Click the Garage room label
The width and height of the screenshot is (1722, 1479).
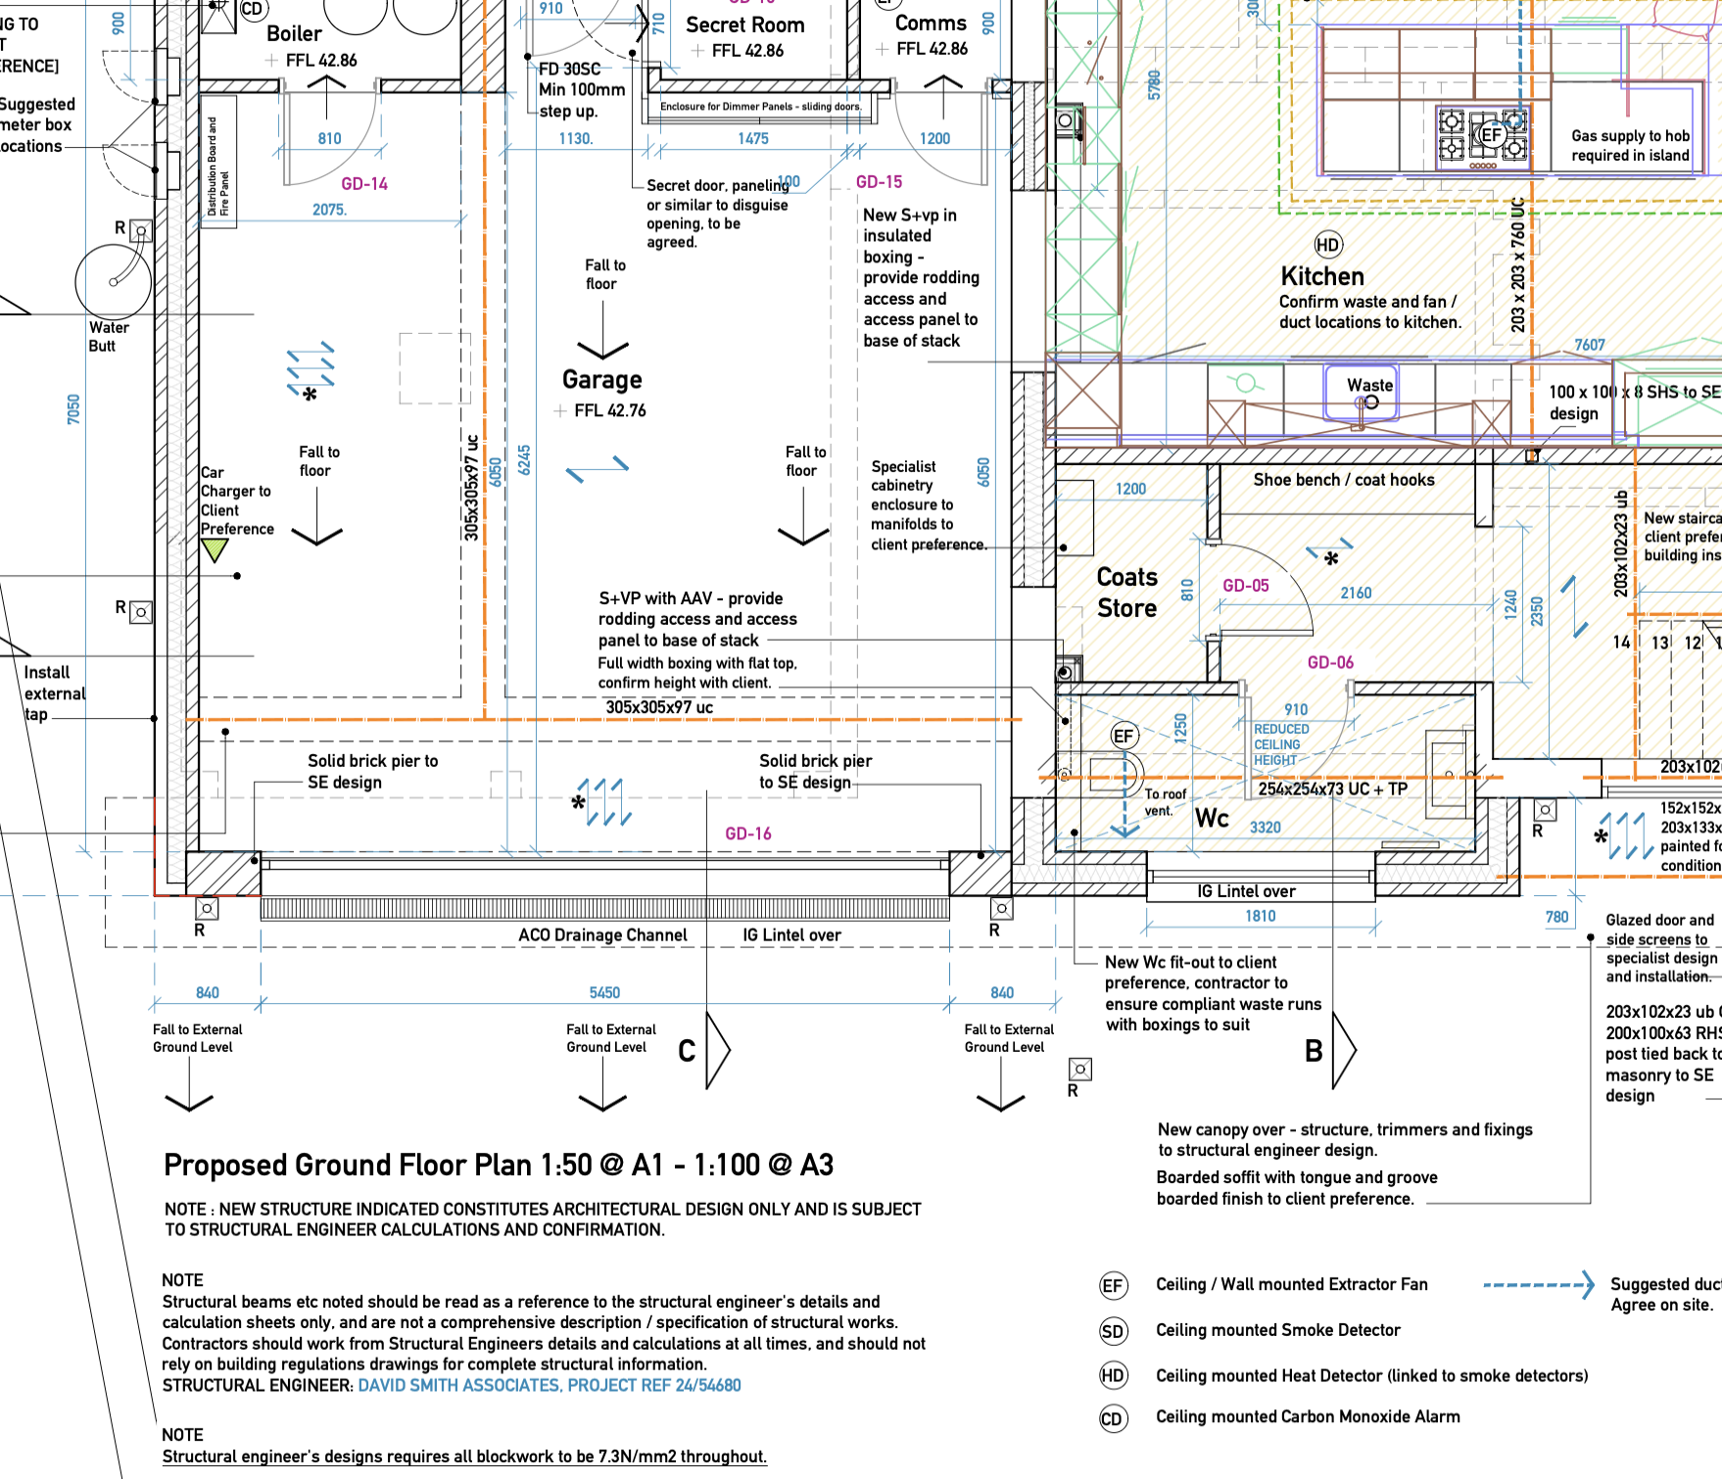point(601,380)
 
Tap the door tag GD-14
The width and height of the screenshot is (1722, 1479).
point(364,184)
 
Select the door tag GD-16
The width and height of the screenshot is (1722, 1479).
point(747,834)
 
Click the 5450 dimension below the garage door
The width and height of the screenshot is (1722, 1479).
point(604,992)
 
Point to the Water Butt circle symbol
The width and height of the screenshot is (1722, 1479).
point(113,282)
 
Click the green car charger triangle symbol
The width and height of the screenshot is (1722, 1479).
point(214,550)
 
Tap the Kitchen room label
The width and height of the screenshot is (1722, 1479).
point(1321,276)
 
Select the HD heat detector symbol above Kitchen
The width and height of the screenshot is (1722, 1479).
point(1327,245)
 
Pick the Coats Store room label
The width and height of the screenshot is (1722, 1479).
point(1126,593)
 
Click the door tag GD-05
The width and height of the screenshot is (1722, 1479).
point(1245,586)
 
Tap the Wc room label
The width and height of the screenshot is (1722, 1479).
point(1212,818)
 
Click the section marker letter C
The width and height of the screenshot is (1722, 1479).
point(687,1051)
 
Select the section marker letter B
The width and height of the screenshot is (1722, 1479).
point(1314,1051)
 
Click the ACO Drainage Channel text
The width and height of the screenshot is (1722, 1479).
point(602,935)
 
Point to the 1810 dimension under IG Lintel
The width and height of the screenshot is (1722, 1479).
point(1260,916)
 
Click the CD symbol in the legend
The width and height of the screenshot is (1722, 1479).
point(1112,1418)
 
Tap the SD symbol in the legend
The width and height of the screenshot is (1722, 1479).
point(1112,1331)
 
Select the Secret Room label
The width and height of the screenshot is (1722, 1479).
point(744,25)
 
